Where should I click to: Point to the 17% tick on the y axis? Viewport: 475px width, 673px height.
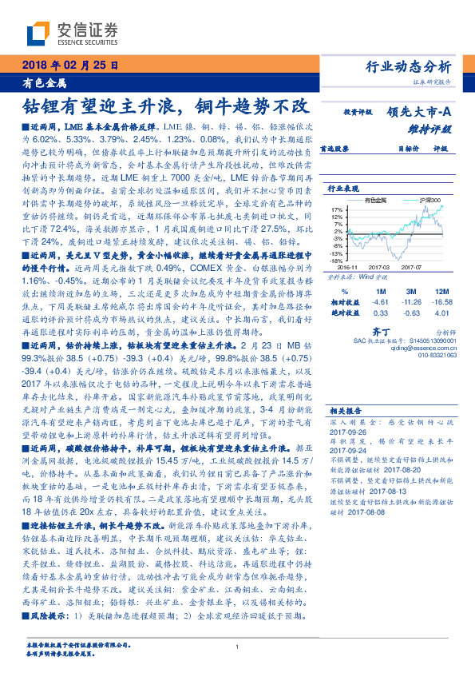338,209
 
